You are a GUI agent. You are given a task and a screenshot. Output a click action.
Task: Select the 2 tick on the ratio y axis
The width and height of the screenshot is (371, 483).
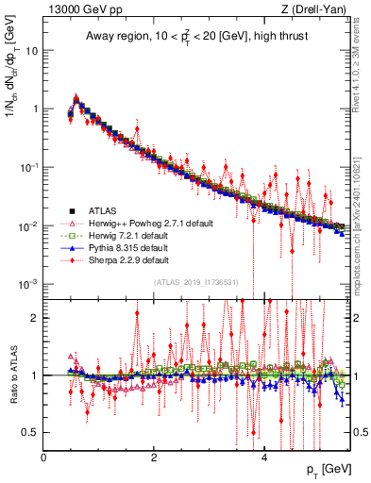click(x=36, y=318)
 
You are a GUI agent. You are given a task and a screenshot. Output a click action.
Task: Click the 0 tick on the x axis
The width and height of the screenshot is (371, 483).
click(x=44, y=458)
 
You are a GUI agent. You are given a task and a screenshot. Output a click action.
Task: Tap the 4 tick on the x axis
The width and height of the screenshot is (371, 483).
click(x=264, y=458)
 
